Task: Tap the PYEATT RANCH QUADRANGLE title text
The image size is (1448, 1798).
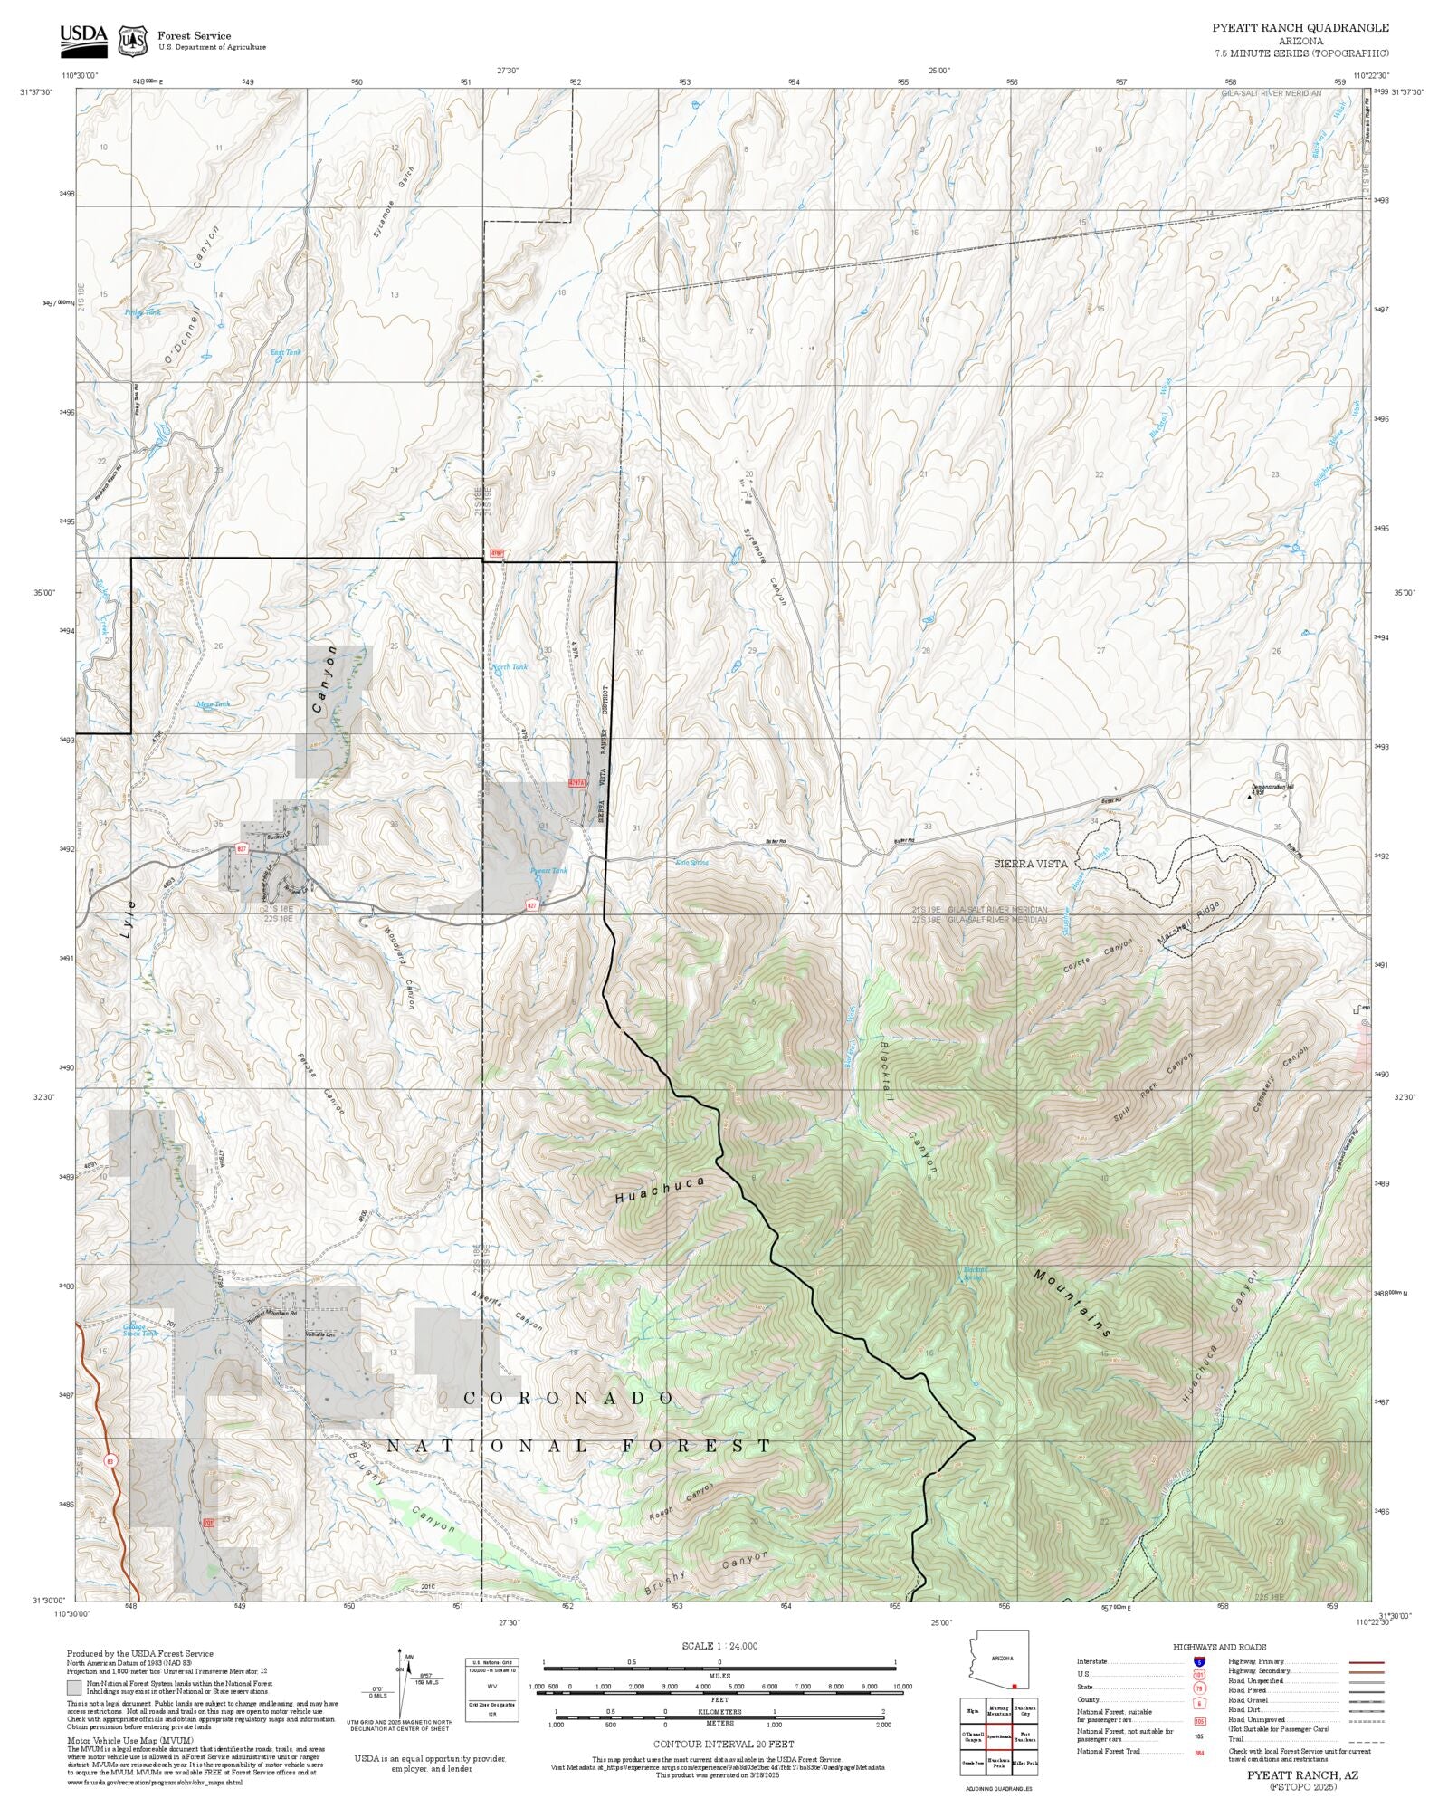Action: click(x=1300, y=28)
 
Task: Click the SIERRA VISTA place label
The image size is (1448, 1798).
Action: click(x=1025, y=865)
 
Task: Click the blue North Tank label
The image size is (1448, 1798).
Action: click(x=509, y=667)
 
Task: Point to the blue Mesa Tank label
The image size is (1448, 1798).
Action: click(x=214, y=703)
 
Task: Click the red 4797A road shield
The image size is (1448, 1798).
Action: click(x=577, y=783)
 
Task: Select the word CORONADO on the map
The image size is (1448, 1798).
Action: click(x=568, y=1399)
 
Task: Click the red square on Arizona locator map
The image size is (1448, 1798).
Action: click(x=1015, y=1686)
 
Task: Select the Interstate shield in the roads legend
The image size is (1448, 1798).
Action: click(x=1199, y=1662)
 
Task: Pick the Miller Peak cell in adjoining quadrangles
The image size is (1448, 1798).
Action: click(x=1024, y=1763)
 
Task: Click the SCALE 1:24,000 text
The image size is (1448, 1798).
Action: click(x=719, y=1646)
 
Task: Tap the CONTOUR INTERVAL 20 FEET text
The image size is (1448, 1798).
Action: click(x=719, y=1744)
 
